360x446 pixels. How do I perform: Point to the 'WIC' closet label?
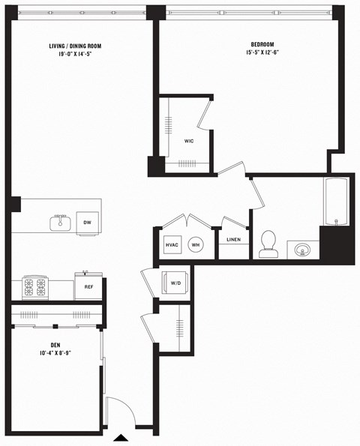tap(189, 139)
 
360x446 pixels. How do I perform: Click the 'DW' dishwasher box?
tap(87, 223)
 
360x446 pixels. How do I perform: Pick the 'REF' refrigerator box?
tap(88, 286)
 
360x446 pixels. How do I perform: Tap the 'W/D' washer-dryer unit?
tap(175, 283)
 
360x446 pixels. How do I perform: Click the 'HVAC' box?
tap(171, 245)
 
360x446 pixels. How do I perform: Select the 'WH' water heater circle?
tap(195, 245)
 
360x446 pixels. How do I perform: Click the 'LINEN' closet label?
tap(233, 240)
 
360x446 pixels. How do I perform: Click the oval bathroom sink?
tap(303, 249)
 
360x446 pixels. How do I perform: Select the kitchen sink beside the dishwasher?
tap(61, 223)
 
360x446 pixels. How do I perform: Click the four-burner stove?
tap(35, 286)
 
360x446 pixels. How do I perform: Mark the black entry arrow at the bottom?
tap(121, 437)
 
